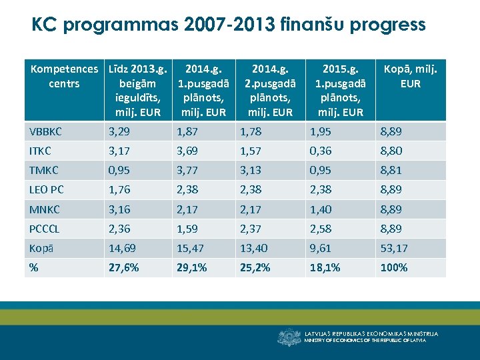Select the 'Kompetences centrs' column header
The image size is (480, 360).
(64, 76)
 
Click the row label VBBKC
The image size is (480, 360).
(45, 131)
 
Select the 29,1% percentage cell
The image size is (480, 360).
(191, 267)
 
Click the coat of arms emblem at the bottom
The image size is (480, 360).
(289, 337)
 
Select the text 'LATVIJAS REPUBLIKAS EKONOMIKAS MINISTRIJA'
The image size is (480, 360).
(371, 333)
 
